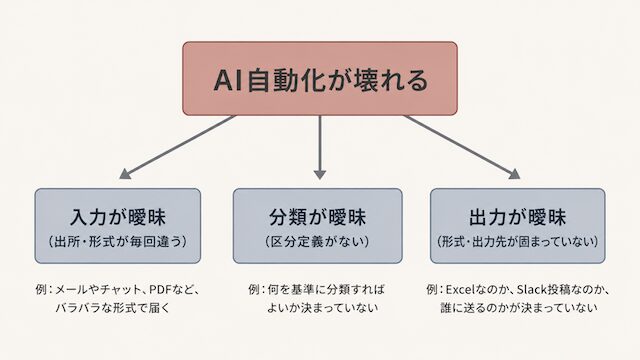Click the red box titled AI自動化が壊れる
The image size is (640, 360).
[320, 78]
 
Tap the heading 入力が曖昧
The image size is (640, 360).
[118, 217]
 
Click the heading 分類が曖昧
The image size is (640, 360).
[318, 217]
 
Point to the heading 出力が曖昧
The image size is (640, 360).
[518, 217]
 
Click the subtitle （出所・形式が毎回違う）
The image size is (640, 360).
[118, 242]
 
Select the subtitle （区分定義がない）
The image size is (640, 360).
[318, 242]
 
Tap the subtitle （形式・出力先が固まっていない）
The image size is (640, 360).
[518, 242]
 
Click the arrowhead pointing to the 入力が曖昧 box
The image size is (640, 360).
[124, 174]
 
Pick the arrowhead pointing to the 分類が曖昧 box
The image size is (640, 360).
[320, 175]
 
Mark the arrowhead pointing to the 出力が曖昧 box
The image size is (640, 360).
[515, 174]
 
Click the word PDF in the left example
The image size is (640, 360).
[160, 290]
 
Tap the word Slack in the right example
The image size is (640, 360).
[532, 290]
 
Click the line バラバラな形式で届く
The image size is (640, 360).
[113, 308]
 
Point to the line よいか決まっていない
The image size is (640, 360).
[322, 308]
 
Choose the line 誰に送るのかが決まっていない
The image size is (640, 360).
[519, 308]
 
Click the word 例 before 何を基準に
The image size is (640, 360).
[254, 290]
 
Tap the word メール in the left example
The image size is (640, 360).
[71, 290]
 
